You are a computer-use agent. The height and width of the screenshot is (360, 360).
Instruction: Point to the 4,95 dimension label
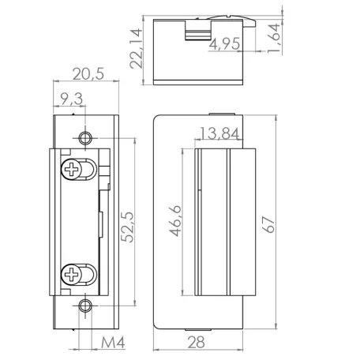pos(224,45)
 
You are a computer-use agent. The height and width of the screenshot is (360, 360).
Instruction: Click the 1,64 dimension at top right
pos(273,37)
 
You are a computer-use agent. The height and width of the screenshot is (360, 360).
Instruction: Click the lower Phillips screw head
pos(73,276)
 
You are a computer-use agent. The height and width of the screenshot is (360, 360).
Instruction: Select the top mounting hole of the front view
pos(85,140)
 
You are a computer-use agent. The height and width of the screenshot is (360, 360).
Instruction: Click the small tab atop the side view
pos(221,113)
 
